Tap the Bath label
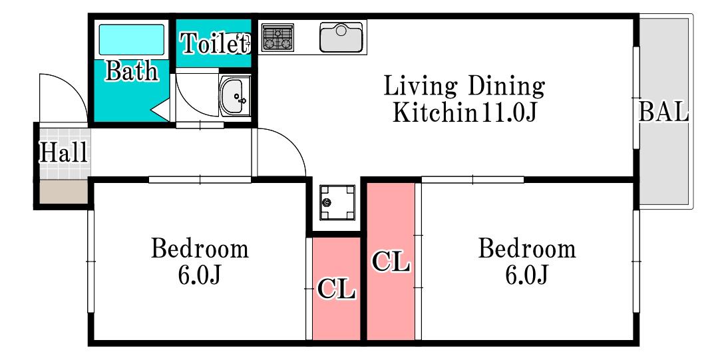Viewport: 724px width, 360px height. tap(132, 71)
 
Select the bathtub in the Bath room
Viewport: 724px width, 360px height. tap(132, 40)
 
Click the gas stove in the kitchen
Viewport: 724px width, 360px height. tap(278, 37)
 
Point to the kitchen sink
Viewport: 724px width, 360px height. tap(341, 37)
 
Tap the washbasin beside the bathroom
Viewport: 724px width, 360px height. tap(235, 96)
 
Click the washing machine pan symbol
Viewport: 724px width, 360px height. tap(337, 202)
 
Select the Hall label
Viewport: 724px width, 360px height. tap(63, 153)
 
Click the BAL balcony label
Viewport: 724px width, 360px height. tap(664, 112)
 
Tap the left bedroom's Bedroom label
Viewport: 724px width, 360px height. tap(200, 249)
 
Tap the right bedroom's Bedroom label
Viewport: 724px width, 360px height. tap(527, 249)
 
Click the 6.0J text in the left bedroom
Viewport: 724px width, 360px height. tap(200, 275)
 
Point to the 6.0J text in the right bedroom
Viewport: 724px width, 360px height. tap(527, 275)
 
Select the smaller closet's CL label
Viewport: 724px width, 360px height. tap(336, 289)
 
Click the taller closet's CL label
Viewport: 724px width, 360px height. tap(391, 262)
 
